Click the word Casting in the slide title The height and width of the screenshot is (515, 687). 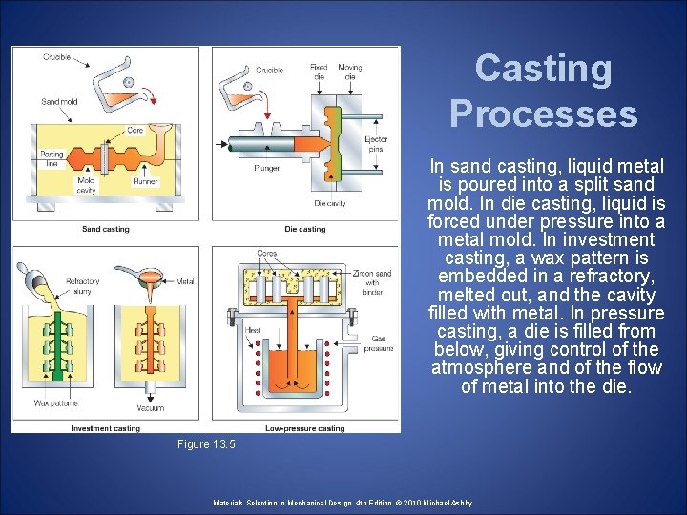[x=543, y=69]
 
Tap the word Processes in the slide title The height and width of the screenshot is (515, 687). [x=543, y=113]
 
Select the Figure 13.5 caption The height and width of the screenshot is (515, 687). [x=206, y=444]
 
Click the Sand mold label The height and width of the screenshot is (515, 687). [x=58, y=101]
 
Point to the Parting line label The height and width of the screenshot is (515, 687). [x=51, y=158]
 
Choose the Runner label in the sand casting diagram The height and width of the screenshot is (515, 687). [x=145, y=179]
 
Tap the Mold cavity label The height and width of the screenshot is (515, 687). [x=86, y=184]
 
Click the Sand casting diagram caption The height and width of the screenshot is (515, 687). [x=105, y=229]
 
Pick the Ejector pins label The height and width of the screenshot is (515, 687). [x=376, y=144]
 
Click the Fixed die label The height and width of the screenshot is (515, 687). [x=319, y=72]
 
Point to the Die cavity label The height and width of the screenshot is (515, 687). [x=329, y=203]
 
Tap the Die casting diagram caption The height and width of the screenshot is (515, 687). [x=304, y=229]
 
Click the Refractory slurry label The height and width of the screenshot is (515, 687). [x=82, y=286]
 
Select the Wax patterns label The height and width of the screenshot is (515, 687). [x=54, y=403]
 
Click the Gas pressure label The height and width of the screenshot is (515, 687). [x=378, y=343]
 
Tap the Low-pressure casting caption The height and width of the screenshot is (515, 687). [x=304, y=428]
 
